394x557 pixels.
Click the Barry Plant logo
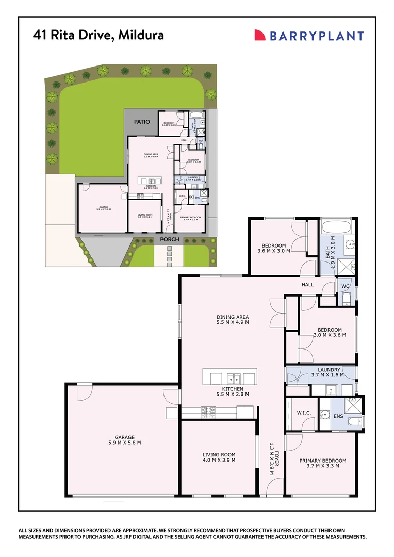308,36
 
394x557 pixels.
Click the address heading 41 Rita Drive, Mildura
98,35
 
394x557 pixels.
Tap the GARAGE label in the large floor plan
125,437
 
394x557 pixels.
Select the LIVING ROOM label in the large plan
219,454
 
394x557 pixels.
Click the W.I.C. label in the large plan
303,412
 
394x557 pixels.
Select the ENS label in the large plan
339,416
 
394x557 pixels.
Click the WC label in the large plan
345,285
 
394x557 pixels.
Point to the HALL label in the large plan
308,284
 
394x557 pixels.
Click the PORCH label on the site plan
169,239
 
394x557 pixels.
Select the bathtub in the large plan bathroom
336,227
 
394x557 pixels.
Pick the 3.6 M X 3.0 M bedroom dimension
273,251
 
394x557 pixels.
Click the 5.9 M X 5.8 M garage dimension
125,443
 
